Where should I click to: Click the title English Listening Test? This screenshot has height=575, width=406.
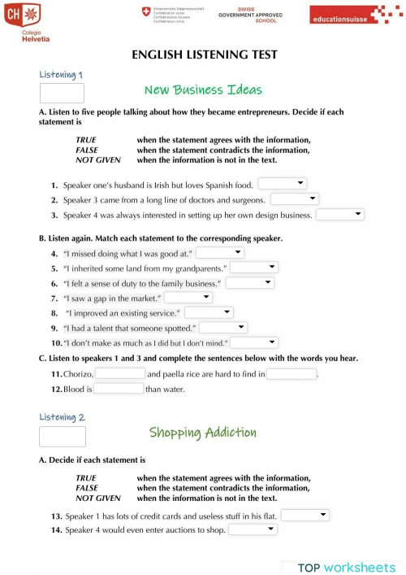tap(204, 54)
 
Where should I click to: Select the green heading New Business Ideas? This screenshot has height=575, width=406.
tap(203, 89)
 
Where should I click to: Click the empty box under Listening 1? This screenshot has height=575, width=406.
tap(62, 93)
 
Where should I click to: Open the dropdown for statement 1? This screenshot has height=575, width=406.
tap(282, 184)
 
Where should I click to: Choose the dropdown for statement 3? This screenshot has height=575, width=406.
tap(340, 215)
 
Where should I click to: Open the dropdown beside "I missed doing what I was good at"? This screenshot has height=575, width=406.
tap(220, 253)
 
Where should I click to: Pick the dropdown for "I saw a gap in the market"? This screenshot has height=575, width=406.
tap(188, 298)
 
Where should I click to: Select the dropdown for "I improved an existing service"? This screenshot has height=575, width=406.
tap(209, 312)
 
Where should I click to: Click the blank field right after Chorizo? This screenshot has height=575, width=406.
tap(120, 373)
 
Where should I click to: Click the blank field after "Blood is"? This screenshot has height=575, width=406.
tap(119, 389)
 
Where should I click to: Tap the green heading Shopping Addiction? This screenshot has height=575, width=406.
tap(202, 432)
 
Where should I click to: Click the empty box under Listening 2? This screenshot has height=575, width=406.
tap(62, 437)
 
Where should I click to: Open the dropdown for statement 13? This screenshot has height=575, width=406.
tap(305, 515)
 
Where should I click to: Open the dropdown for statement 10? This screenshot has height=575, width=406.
tap(255, 342)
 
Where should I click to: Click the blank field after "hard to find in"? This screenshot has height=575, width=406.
tap(292, 373)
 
